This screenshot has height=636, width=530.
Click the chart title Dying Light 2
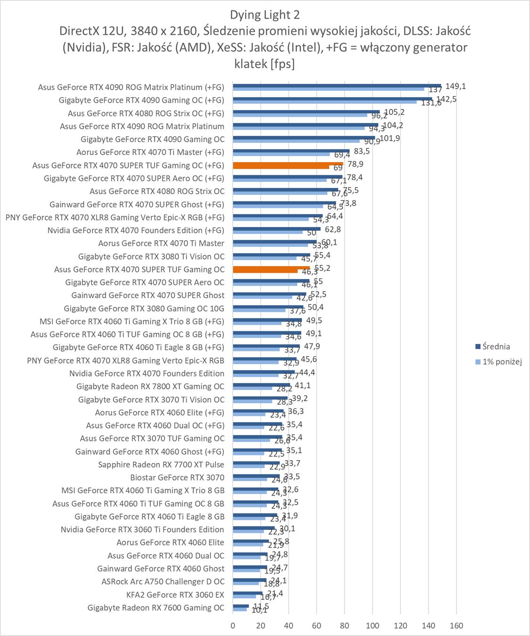265,15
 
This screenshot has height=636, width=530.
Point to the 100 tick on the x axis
373,626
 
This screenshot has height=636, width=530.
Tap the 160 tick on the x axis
457,626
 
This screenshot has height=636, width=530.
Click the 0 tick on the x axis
233,626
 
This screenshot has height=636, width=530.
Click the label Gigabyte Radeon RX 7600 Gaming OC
156,608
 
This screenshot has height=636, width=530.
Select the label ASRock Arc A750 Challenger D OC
163,581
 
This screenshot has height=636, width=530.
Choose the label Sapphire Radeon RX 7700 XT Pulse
161,465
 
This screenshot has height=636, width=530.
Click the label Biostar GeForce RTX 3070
177,477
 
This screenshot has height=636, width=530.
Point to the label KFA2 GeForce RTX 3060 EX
175,595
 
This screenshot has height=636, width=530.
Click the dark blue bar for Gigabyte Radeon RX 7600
241,606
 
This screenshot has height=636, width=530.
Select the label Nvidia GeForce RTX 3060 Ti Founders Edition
142,530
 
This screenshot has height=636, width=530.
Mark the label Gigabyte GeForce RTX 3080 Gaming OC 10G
144,309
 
